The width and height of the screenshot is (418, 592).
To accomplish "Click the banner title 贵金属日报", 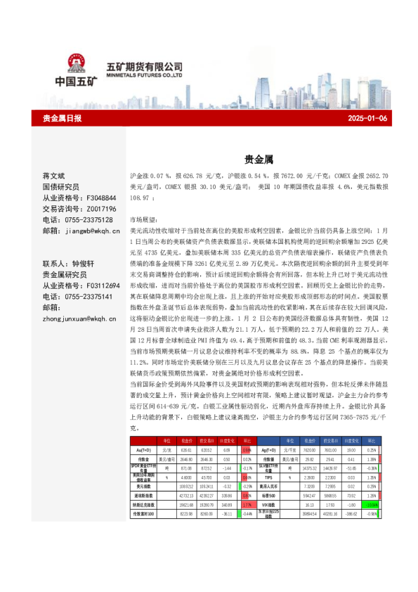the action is coord(63,118).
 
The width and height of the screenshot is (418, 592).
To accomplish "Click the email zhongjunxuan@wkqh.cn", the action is coord(78,319).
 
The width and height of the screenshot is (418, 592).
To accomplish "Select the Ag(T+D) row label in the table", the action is coord(269,449).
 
